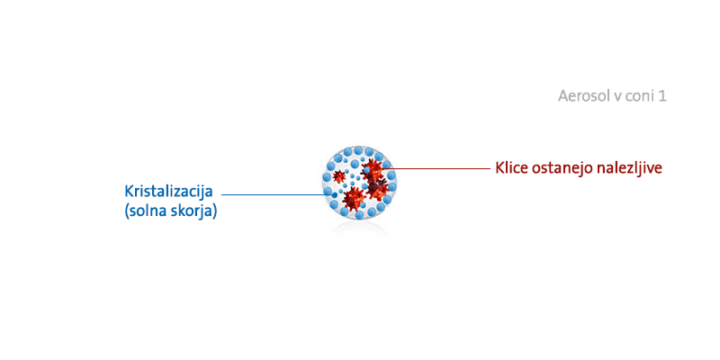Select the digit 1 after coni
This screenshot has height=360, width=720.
tap(661, 96)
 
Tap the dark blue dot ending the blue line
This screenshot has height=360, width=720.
tap(334, 195)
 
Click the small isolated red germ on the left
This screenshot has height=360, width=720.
tap(339, 175)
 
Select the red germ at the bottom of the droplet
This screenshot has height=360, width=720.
tap(354, 198)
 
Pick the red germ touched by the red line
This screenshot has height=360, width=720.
tap(373, 169)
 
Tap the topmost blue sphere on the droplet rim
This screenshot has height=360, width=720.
tap(358, 150)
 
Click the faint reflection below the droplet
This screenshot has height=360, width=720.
tap(359, 230)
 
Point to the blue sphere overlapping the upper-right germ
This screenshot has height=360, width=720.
tap(366, 170)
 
